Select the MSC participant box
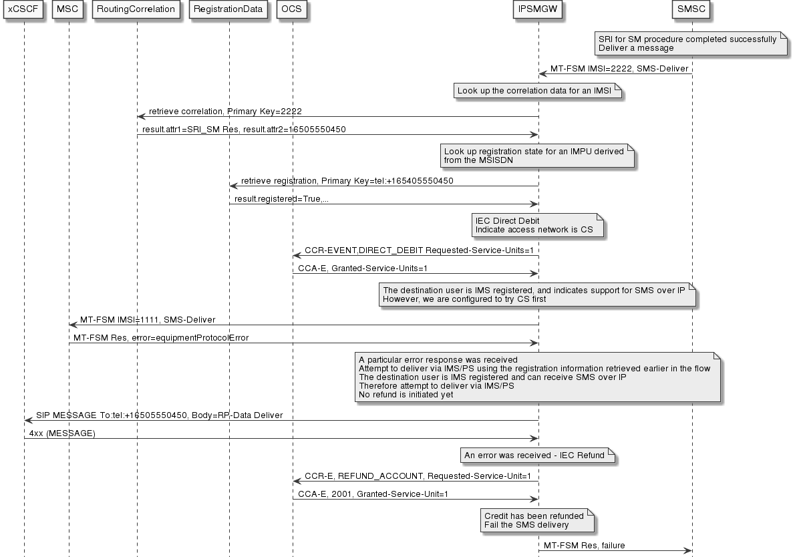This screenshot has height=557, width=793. [x=68, y=10]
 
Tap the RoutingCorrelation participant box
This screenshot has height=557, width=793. [x=136, y=10]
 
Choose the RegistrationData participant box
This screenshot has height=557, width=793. [x=229, y=10]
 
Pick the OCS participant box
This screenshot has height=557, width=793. [x=292, y=10]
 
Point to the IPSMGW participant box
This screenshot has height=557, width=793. [x=538, y=10]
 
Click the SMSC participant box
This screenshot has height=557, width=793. [x=691, y=10]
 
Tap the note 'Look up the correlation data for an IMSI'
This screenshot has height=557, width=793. [x=538, y=91]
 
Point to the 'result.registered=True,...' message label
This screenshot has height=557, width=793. [x=281, y=199]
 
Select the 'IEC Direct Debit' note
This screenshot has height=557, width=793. [x=538, y=225]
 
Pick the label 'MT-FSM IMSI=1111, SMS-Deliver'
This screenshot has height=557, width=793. [x=148, y=320]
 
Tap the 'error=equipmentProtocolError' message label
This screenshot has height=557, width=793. [x=161, y=338]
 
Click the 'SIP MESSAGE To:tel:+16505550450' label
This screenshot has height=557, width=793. [x=159, y=415]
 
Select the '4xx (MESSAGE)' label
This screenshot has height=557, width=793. [x=62, y=433]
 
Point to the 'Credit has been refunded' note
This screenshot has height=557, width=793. [x=538, y=520]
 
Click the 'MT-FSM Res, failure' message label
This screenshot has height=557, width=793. [x=584, y=546]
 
